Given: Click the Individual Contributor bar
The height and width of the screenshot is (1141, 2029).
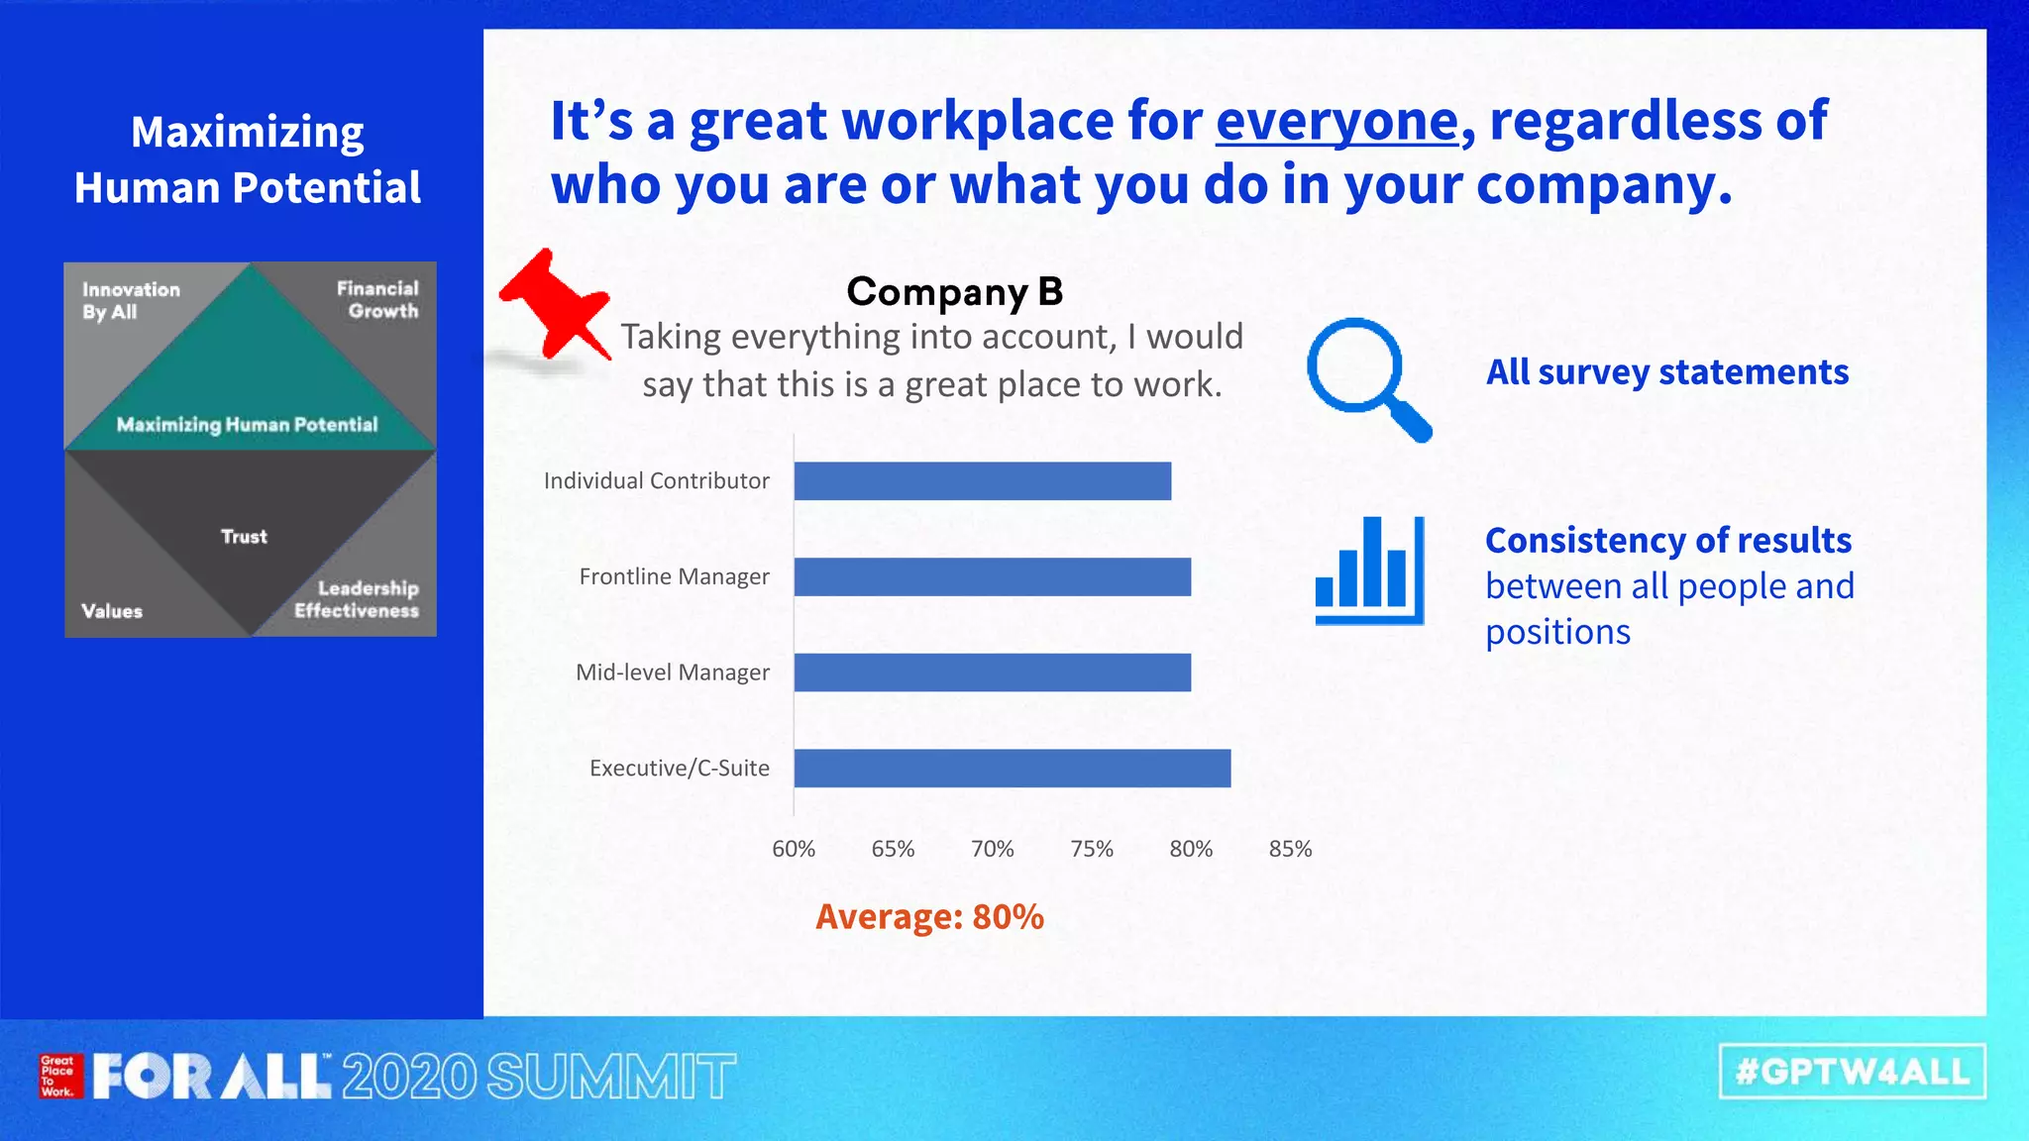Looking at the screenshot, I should pyautogui.click(x=982, y=481).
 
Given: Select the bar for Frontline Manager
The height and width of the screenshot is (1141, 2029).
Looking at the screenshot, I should pyautogui.click(x=992, y=576).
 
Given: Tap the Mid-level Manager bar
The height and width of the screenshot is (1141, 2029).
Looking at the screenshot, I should pyautogui.click(x=992, y=673).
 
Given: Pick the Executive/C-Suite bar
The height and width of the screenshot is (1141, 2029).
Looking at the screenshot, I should pyautogui.click(x=1012, y=769).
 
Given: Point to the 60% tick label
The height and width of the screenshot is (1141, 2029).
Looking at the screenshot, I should pyautogui.click(x=794, y=849).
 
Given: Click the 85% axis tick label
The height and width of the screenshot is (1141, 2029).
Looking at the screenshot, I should pyautogui.click(x=1290, y=849).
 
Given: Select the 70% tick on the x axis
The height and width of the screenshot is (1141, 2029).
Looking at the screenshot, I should pyautogui.click(x=992, y=849).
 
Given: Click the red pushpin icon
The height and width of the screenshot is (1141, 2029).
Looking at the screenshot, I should pyautogui.click(x=556, y=302).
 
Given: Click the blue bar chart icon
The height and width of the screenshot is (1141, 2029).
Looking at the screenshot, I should pyautogui.click(x=1369, y=570).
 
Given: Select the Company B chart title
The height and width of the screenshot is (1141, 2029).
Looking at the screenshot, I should pyautogui.click(x=954, y=291).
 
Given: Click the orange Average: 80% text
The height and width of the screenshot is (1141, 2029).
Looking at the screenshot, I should pyautogui.click(x=929, y=917).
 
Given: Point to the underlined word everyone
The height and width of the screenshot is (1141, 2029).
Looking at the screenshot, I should pyautogui.click(x=1337, y=121).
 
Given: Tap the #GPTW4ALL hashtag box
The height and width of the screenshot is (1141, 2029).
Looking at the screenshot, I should pyautogui.click(x=1852, y=1072).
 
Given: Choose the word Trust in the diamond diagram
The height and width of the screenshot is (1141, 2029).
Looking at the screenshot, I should pyautogui.click(x=244, y=537).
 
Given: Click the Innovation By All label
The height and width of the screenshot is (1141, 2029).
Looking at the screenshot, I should pyautogui.click(x=131, y=300).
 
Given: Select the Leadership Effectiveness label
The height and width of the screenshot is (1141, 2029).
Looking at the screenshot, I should pyautogui.click(x=357, y=599).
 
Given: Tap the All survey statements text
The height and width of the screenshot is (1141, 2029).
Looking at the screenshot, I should pyautogui.click(x=1666, y=372).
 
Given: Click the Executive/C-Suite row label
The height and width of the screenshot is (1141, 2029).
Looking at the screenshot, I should pyautogui.click(x=679, y=769).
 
